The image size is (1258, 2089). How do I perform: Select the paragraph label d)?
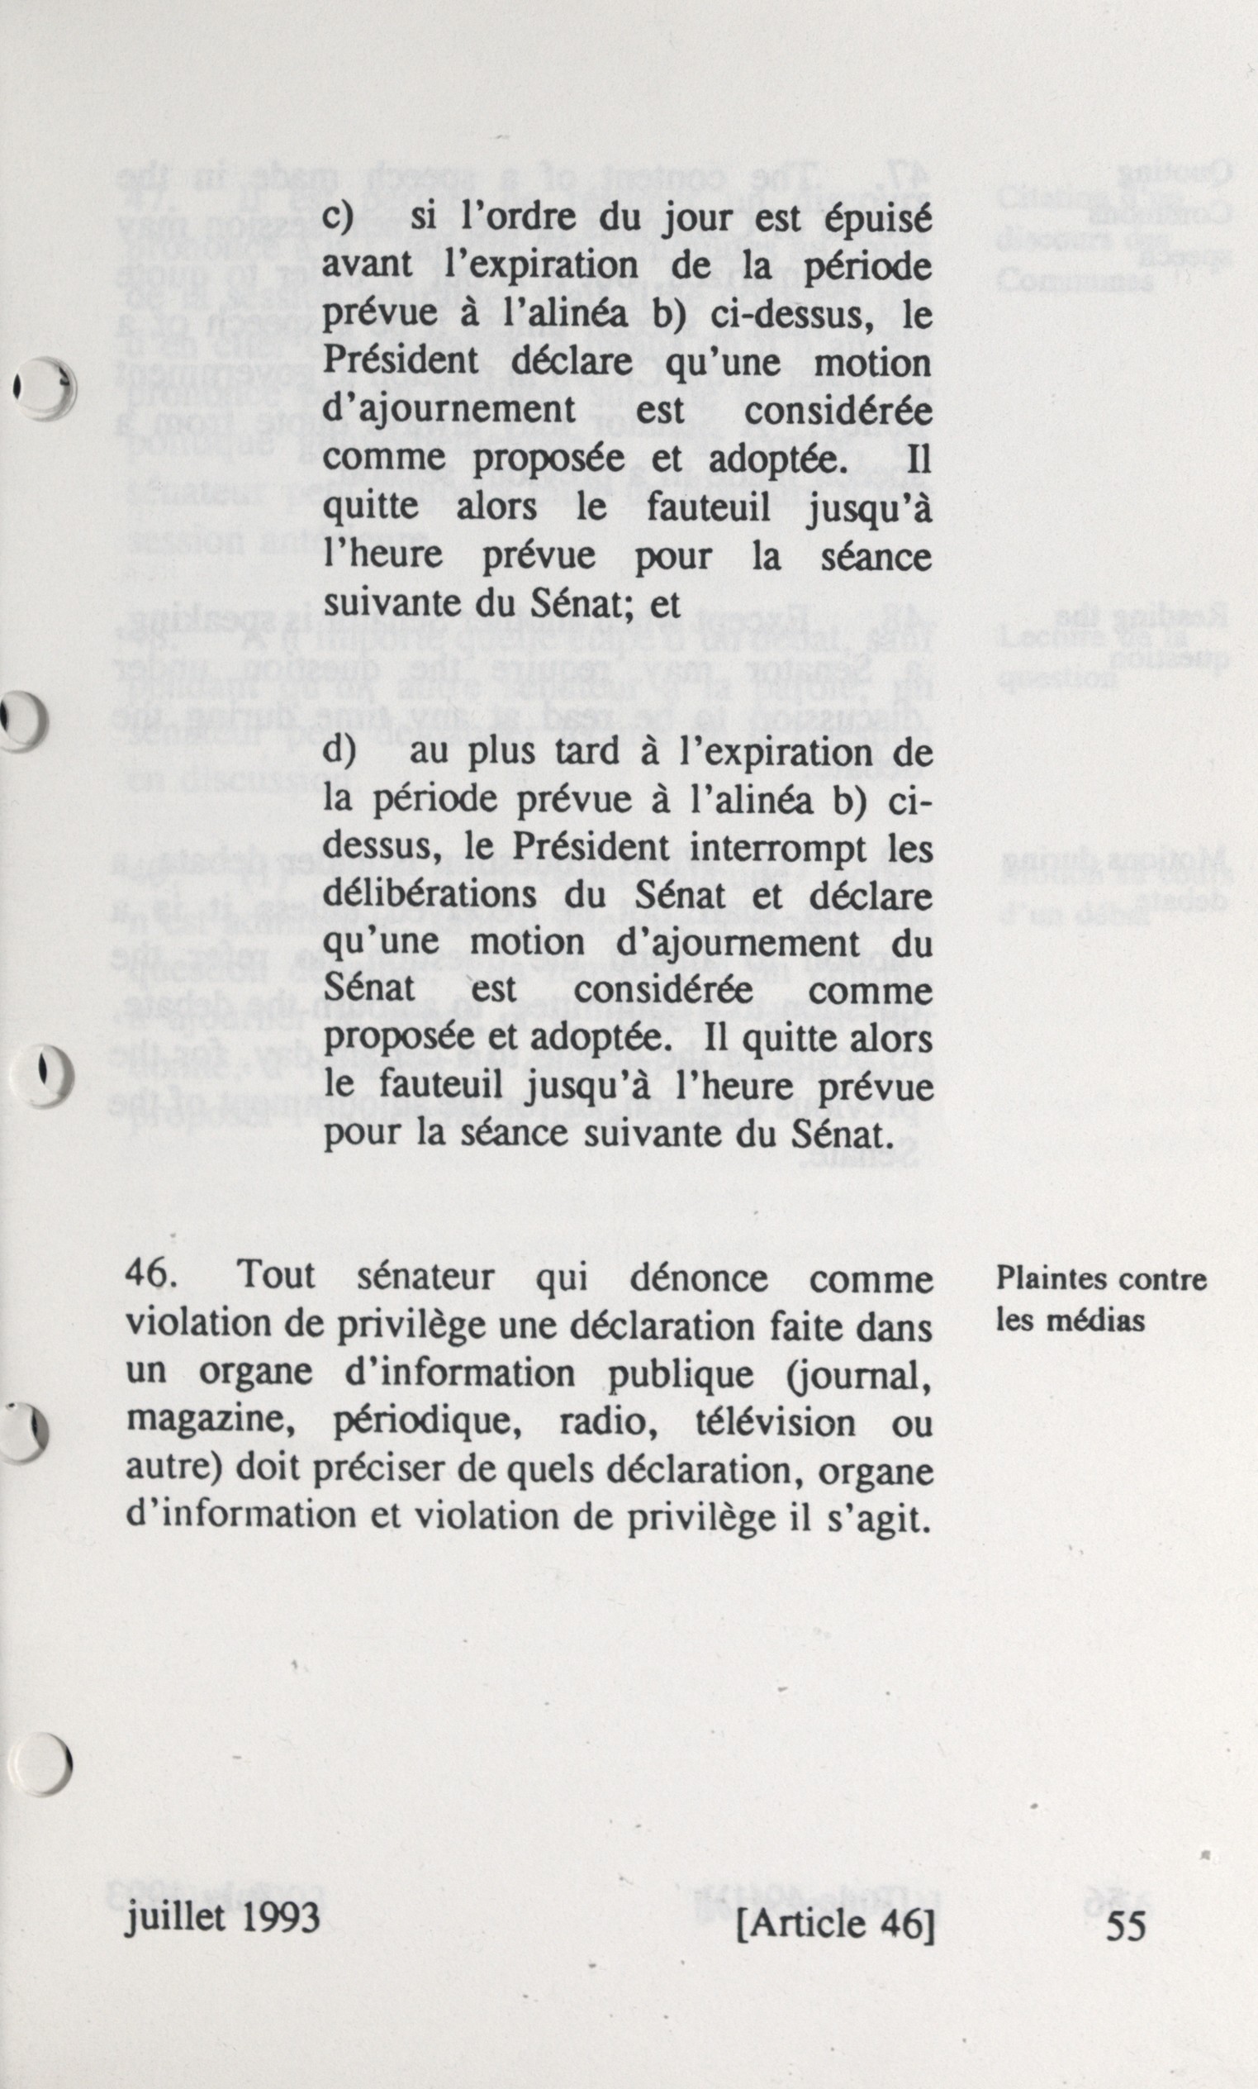click(340, 752)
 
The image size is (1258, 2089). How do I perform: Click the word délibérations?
click(431, 896)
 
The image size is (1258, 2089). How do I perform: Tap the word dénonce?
click(699, 1277)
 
